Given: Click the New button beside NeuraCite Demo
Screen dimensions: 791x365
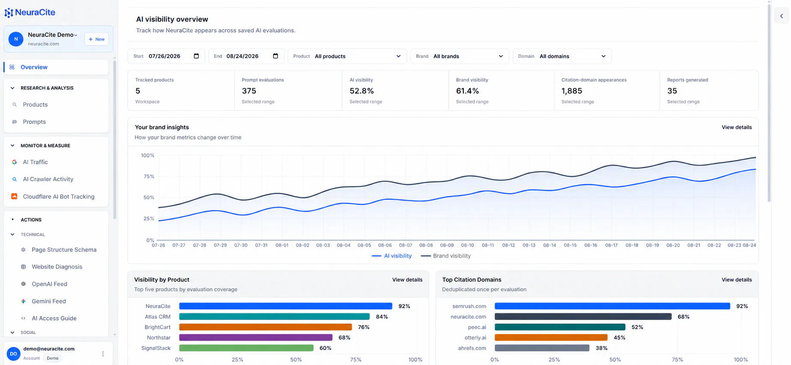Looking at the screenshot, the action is (96, 39).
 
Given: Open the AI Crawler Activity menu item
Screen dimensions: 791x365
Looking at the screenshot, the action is (48, 179).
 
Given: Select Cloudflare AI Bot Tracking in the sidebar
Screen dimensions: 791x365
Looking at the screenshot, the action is (58, 197).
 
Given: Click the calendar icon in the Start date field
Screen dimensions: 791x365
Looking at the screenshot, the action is (196, 56).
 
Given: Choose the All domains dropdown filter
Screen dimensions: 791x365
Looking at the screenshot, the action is (562, 56).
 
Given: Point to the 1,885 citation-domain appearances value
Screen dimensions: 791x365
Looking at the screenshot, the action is (572, 91).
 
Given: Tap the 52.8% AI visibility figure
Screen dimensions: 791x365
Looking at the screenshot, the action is (361, 91).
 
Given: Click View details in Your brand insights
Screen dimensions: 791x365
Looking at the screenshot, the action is (736, 127).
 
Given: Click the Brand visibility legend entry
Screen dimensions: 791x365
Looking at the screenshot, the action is (446, 256).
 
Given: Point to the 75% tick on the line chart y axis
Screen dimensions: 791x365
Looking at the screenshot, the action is (149, 177).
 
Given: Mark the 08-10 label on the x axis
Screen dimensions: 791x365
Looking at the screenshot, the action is (467, 245).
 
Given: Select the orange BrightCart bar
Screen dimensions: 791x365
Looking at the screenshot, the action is (266, 327).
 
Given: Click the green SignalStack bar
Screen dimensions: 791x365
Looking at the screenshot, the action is (246, 348).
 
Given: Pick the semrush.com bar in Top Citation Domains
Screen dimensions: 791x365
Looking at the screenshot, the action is (612, 306).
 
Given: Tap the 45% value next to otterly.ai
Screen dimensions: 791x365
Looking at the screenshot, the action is (619, 338).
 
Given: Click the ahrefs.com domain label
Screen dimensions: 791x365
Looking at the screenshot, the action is (472, 348).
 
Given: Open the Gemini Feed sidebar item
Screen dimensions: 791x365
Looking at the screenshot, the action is (48, 301).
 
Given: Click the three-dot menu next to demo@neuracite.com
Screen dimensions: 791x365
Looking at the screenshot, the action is (103, 354).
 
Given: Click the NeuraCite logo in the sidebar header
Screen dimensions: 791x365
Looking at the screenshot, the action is (30, 12).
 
